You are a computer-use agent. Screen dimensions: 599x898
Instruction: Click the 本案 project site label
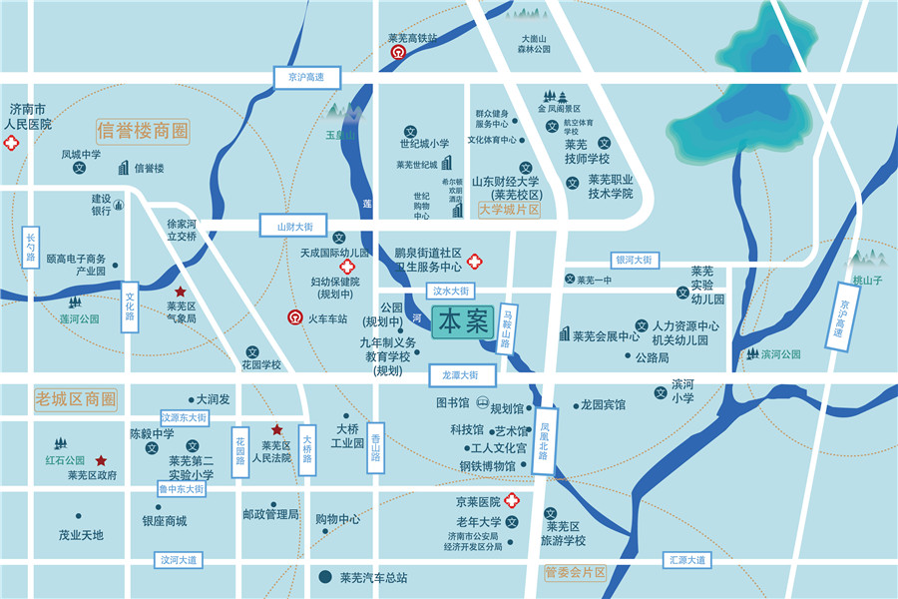[x=464, y=322]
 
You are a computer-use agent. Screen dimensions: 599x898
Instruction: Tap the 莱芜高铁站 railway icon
[x=398, y=53]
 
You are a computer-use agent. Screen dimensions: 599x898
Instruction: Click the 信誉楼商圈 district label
[x=143, y=131]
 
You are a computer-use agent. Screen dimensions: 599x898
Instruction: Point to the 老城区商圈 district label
[x=76, y=399]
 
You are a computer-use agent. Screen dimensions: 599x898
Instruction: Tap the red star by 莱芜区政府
[x=102, y=460]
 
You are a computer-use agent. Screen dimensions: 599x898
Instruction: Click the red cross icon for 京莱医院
[x=511, y=500]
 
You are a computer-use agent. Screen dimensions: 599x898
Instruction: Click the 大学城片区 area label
[x=509, y=211]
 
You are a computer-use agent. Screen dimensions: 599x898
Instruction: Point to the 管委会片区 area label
[x=576, y=573]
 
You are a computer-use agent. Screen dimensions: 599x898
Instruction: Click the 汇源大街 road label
[x=687, y=560]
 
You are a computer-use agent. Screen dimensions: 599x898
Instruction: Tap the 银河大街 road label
[x=633, y=260]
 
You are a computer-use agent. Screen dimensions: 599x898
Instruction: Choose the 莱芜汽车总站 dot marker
[x=324, y=577]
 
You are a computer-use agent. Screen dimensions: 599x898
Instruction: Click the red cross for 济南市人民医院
[x=12, y=144]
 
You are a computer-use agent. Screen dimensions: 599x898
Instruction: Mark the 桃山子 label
[x=867, y=281]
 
